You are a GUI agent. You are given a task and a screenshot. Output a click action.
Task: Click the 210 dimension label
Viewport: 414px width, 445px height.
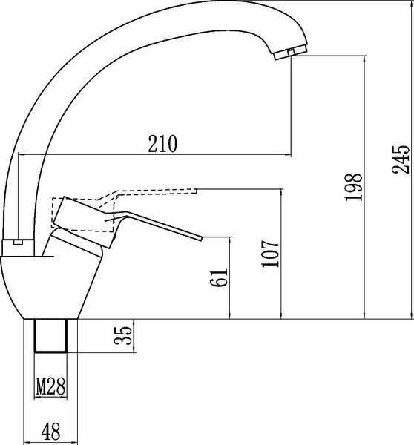pyautogui.click(x=162, y=144)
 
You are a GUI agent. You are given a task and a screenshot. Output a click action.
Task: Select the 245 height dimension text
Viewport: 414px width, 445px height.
pyautogui.click(x=401, y=159)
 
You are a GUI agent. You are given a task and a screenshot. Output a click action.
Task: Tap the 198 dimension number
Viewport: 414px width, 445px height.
pyautogui.click(x=354, y=187)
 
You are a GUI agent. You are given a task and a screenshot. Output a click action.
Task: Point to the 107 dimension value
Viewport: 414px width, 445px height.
pyautogui.click(x=270, y=254)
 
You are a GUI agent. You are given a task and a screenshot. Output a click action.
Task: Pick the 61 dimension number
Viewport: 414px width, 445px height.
pyautogui.click(x=219, y=277)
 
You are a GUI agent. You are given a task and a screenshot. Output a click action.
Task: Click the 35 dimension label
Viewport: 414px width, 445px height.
pyautogui.click(x=123, y=336)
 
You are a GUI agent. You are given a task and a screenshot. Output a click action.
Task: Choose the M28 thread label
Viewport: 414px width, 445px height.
pyautogui.click(x=50, y=386)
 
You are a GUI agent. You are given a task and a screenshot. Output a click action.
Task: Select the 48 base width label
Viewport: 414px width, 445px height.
pyautogui.click(x=50, y=432)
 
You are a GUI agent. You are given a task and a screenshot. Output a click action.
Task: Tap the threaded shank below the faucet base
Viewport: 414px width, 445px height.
pyautogui.click(x=50, y=336)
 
